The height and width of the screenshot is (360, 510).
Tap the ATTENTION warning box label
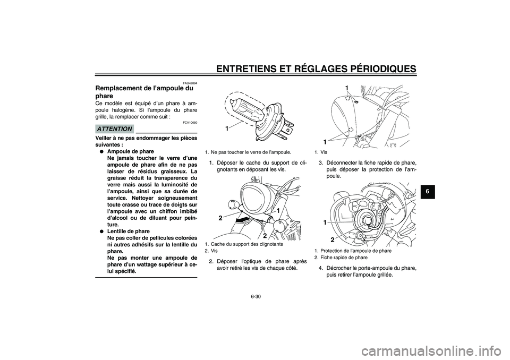tap(114, 128)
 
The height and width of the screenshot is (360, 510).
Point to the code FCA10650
tap(190, 123)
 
